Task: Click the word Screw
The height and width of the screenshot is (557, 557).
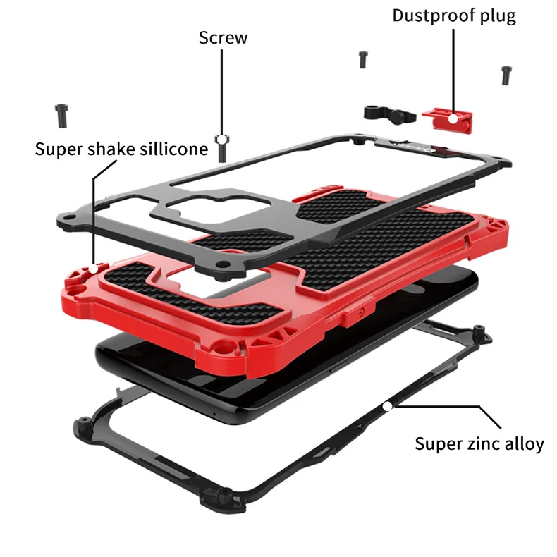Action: click(223, 37)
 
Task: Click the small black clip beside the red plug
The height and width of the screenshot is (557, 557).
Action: click(381, 112)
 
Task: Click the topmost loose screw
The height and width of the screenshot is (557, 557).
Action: click(362, 60)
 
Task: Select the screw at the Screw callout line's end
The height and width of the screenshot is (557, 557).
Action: click(222, 148)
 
